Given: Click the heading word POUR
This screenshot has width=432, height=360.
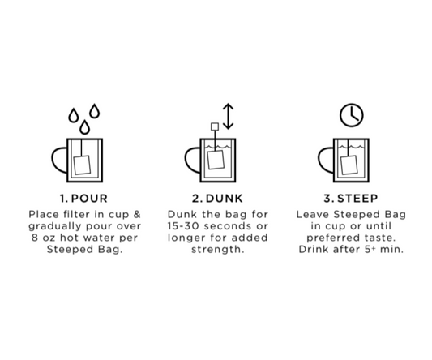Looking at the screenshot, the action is point(89,199).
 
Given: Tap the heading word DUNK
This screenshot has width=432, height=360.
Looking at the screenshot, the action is point(225,199).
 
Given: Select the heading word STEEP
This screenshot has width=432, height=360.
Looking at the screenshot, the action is point(357,199).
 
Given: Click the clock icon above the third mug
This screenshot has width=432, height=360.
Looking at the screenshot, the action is point(352,115).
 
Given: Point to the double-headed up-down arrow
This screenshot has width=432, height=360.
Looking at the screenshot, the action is point(228,116).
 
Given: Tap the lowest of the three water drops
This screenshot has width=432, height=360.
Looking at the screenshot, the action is point(84,127).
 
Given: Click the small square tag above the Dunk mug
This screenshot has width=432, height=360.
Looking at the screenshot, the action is point(215,126).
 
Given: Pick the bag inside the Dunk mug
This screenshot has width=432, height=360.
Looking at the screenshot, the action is point(216,160).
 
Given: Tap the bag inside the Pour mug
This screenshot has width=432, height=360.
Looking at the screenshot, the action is point(82,165).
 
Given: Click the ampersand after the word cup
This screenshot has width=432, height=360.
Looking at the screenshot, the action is point(137,214).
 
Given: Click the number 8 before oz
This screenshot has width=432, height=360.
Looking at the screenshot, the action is point(34,238).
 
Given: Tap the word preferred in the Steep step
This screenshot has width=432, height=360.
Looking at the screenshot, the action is point(332,238).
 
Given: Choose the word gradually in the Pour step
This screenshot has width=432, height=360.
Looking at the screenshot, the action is point(55,226).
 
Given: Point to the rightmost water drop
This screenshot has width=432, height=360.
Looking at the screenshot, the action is point(95,111).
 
